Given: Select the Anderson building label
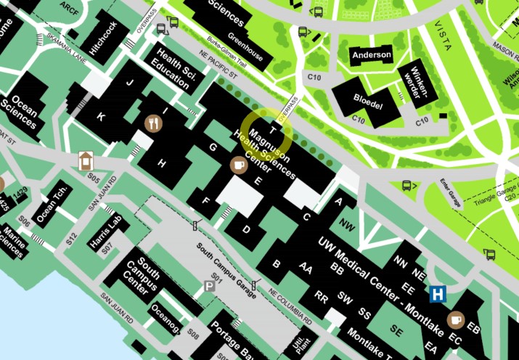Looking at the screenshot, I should pos(371,55).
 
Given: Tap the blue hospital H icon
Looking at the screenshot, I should pos(438,294).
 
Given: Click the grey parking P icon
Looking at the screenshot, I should pos(210,287).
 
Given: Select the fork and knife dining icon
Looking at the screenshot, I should pos(152,123).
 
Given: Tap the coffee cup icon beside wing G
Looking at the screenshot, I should pos(238,165).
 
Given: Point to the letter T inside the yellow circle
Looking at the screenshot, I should pos(272,131).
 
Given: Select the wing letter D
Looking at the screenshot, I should pos(246,230).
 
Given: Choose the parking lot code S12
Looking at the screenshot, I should pos(70,237).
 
